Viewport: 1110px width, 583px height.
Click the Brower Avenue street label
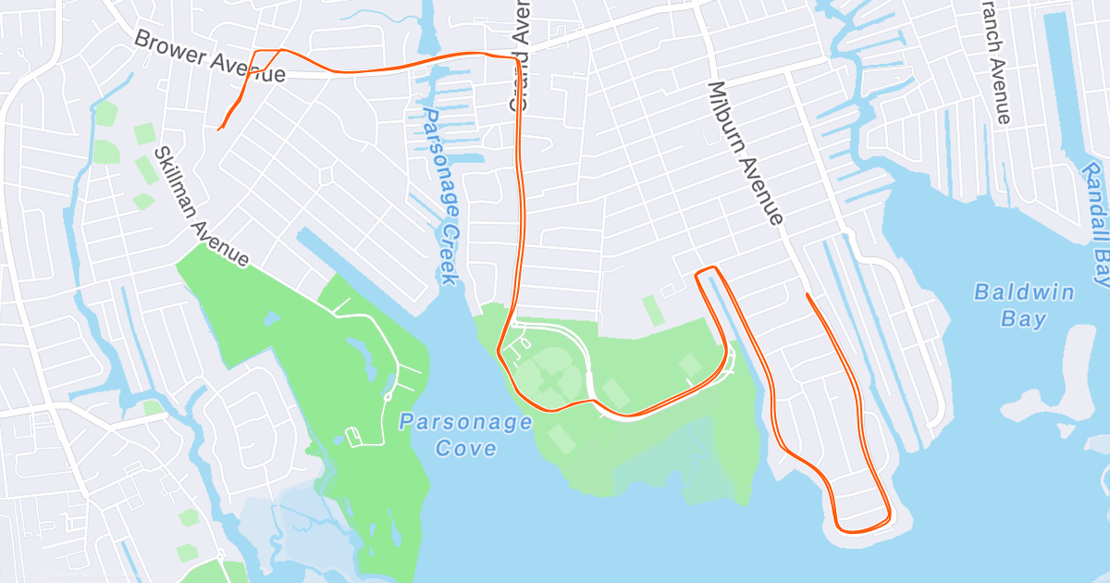209,57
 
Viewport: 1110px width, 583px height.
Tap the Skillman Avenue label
202,206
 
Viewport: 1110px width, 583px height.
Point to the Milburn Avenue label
746,153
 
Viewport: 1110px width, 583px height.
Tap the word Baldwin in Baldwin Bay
1024,292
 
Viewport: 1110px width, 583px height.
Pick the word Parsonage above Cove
465,423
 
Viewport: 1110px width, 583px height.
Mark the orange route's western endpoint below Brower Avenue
219,130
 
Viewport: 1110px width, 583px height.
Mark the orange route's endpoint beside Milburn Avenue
808,294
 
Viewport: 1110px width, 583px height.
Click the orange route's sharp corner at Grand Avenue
515,58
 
